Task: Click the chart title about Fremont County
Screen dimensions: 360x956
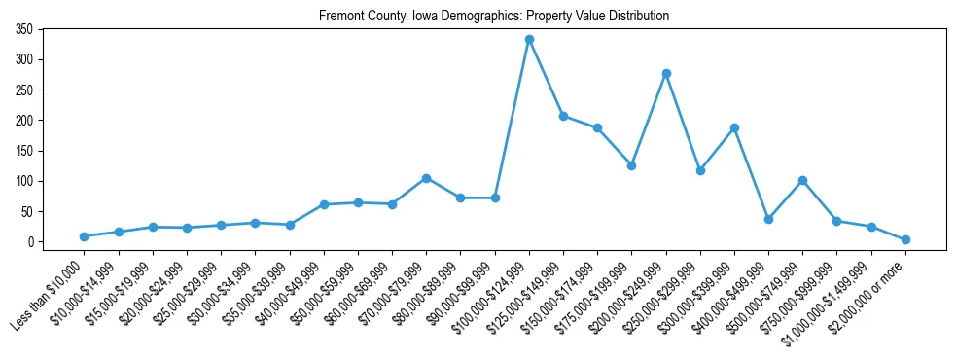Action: [494, 17]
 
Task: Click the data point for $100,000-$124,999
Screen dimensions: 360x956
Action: [529, 39]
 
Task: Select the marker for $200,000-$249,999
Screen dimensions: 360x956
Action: [666, 73]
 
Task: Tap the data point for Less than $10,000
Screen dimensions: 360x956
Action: [85, 236]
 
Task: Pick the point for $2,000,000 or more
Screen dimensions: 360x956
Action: [905, 239]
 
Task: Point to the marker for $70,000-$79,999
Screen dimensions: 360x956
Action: [426, 178]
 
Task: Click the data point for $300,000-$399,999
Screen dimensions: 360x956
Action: [734, 127]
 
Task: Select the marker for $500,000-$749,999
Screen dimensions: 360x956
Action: [802, 180]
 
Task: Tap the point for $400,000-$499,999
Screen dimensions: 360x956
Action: [768, 219]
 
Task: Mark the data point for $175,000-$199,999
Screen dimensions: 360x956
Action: [631, 165]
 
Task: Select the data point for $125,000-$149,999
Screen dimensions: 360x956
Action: [563, 116]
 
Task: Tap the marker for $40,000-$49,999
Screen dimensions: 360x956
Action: [324, 204]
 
